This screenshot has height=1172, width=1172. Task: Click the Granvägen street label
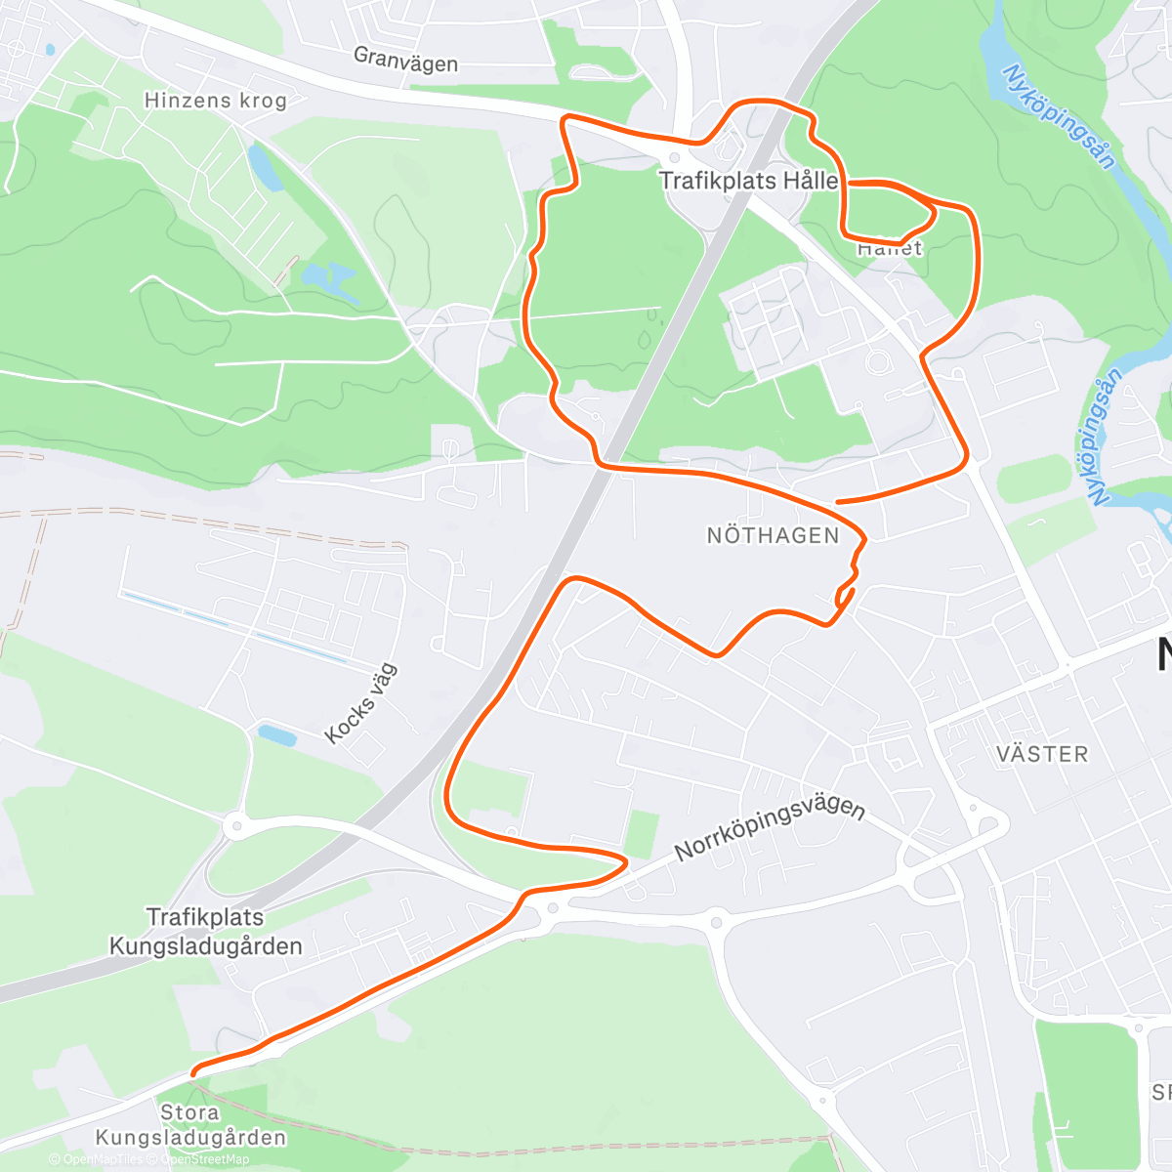(x=405, y=60)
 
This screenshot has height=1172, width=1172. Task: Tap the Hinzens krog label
(x=215, y=100)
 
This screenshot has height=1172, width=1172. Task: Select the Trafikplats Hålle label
(x=748, y=181)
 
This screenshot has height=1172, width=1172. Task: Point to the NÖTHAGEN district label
(x=773, y=535)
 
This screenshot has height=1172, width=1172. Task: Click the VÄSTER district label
(x=1042, y=754)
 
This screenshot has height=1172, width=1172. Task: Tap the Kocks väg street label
(x=361, y=703)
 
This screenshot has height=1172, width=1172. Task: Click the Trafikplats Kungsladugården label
(x=205, y=932)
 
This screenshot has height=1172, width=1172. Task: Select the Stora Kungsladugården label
(x=190, y=1125)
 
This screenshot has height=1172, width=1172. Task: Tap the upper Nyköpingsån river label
(x=1059, y=117)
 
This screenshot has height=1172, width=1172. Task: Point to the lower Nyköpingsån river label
(x=1104, y=439)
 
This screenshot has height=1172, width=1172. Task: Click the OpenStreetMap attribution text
(x=205, y=1159)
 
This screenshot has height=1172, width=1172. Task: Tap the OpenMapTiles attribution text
(x=103, y=1159)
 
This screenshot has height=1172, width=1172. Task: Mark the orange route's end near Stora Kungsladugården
(x=194, y=1073)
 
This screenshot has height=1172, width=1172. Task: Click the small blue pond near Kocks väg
(x=276, y=734)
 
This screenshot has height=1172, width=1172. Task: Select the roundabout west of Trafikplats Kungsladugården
(x=235, y=827)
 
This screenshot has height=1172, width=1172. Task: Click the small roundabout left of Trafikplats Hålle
(x=674, y=158)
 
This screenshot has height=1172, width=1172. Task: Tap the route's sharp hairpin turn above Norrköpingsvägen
(x=623, y=861)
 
